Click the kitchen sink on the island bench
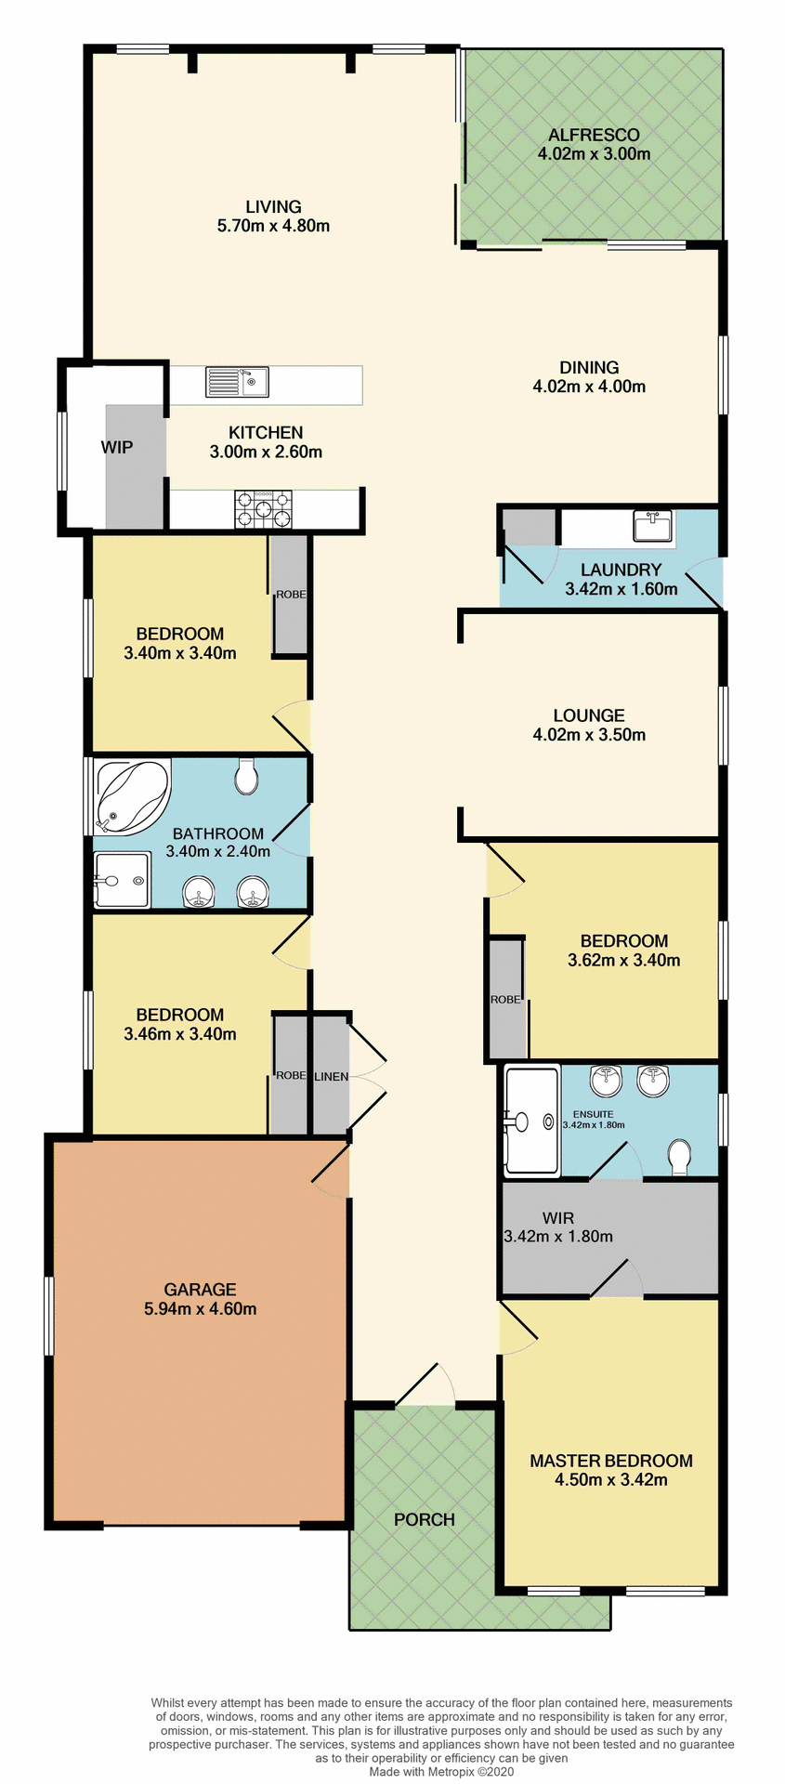tap(237, 382)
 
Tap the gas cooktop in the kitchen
tap(263, 510)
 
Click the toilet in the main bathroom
tap(246, 777)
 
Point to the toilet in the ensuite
tap(679, 1157)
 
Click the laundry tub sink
tap(652, 526)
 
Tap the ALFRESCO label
tap(594, 135)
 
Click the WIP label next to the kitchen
tap(117, 447)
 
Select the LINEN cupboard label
tap(331, 1076)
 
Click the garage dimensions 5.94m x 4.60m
tap(201, 1308)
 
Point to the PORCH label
tap(425, 1519)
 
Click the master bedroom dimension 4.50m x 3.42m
tap(610, 1479)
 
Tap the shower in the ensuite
tap(530, 1119)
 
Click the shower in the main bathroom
tap(121, 879)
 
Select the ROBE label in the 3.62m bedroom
tap(505, 1000)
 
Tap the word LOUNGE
tap(588, 715)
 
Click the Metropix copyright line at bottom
tap(440, 1771)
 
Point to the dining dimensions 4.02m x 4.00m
tap(589, 387)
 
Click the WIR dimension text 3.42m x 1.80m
tap(558, 1236)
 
